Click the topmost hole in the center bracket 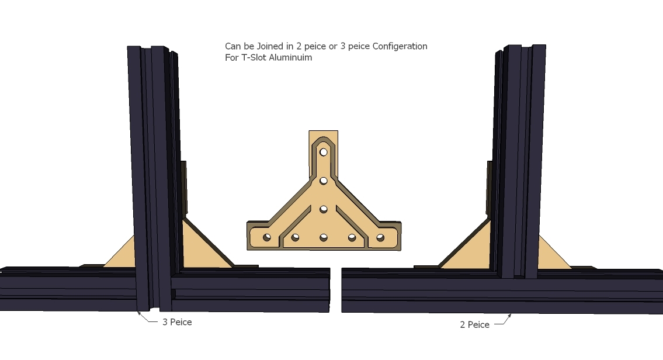pos(324,152)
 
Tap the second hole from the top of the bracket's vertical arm pos(324,181)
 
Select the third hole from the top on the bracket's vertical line pos(324,209)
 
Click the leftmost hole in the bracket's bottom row pos(267,237)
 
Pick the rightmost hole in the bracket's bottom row pos(380,238)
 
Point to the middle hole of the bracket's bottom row pos(324,238)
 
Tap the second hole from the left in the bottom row pos(295,238)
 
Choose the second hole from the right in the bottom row pos(352,238)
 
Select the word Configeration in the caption pos(400,46)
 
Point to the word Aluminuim pos(291,57)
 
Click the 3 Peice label pos(177,322)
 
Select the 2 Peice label pos(474,324)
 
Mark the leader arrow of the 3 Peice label pos(148,318)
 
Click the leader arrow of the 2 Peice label pos(503,320)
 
